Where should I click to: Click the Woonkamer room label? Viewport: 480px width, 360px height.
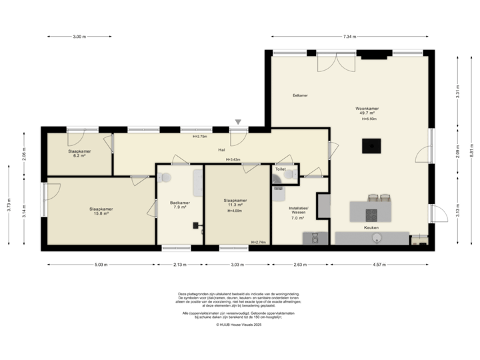[367, 107]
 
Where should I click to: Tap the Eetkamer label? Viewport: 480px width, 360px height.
[300, 95]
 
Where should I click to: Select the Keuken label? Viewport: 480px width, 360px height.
[371, 227]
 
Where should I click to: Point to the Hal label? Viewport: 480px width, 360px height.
[220, 149]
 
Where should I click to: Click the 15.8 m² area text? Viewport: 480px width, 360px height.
[101, 214]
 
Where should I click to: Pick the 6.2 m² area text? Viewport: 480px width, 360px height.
[79, 155]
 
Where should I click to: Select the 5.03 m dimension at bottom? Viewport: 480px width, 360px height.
[101, 264]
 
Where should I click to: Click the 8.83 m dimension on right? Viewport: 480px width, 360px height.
[471, 153]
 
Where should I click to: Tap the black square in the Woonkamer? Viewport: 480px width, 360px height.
[369, 145]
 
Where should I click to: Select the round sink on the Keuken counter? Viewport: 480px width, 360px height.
[377, 237]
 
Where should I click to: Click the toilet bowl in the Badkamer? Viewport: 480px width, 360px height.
[167, 177]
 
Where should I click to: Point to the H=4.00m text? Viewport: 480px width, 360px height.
[235, 211]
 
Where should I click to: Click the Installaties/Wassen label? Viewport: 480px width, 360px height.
[297, 211]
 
